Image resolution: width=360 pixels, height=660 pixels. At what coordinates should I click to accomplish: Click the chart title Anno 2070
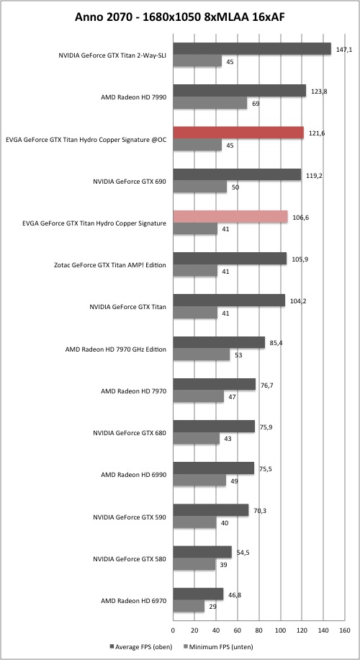click(x=104, y=17)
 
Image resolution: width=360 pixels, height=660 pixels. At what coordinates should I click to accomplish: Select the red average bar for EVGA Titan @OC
click(x=238, y=133)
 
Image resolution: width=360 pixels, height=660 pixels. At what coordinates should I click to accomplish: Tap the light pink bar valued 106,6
click(x=230, y=217)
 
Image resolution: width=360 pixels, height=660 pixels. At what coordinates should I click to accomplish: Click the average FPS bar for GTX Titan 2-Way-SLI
click(x=252, y=49)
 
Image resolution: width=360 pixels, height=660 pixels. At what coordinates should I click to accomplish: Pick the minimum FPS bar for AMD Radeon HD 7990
click(x=210, y=103)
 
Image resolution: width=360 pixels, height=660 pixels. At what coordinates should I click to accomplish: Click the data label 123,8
click(x=318, y=92)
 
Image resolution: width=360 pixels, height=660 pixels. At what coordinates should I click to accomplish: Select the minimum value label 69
click(x=256, y=104)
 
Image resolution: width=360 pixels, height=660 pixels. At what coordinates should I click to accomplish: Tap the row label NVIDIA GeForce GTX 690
click(x=130, y=182)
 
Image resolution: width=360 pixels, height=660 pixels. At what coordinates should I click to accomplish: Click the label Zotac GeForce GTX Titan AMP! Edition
click(x=110, y=266)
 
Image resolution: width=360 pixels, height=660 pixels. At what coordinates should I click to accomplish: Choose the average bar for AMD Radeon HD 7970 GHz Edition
click(x=219, y=343)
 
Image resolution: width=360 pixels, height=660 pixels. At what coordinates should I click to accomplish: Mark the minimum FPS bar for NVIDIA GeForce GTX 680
click(x=197, y=439)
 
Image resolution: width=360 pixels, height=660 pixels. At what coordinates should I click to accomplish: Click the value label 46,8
click(x=235, y=595)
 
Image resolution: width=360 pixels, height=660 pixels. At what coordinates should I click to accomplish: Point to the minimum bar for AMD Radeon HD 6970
click(x=189, y=607)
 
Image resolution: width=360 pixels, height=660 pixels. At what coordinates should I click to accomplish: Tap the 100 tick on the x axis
click(x=280, y=630)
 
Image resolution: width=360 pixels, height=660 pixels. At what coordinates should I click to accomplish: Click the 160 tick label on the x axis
click(x=344, y=630)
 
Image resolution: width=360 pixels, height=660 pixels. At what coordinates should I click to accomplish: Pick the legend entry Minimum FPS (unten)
click(x=217, y=646)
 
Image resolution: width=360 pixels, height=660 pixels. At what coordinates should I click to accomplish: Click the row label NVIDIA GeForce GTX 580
click(x=130, y=559)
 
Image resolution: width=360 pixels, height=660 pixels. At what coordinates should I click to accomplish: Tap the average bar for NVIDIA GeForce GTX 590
click(x=211, y=511)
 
